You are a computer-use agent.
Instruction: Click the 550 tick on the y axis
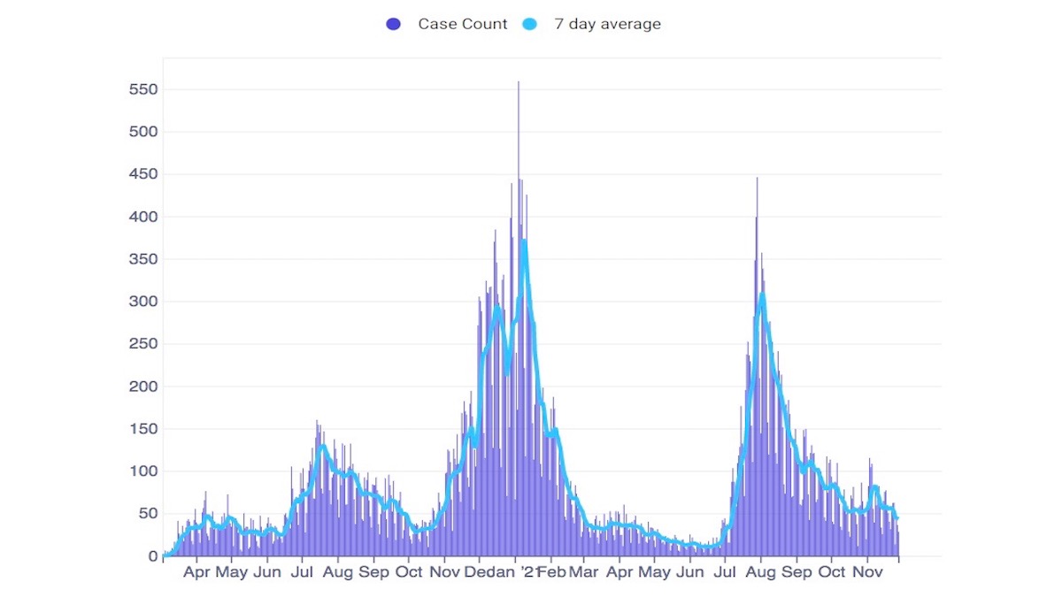point(142,90)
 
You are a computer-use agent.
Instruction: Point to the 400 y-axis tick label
point(142,217)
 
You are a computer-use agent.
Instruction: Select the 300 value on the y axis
point(142,302)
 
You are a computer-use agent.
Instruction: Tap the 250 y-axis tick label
point(142,344)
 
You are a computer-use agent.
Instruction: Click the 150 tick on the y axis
point(142,429)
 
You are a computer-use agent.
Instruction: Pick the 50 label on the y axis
point(147,514)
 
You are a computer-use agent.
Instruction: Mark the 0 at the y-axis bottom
point(152,556)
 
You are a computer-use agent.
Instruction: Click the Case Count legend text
point(463,24)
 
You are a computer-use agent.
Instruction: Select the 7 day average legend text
point(607,24)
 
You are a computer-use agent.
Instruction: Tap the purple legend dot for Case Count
point(394,24)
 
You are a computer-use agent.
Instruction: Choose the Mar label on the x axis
point(584,573)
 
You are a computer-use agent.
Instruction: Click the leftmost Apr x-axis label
point(196,573)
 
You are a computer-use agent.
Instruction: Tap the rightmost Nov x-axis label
point(866,573)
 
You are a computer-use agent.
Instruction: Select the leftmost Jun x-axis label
point(267,573)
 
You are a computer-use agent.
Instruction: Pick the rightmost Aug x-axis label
point(761,573)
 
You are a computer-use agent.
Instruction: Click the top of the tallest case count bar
point(519,82)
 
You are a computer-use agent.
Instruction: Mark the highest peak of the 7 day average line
point(524,241)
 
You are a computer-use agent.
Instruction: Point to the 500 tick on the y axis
point(142,133)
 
